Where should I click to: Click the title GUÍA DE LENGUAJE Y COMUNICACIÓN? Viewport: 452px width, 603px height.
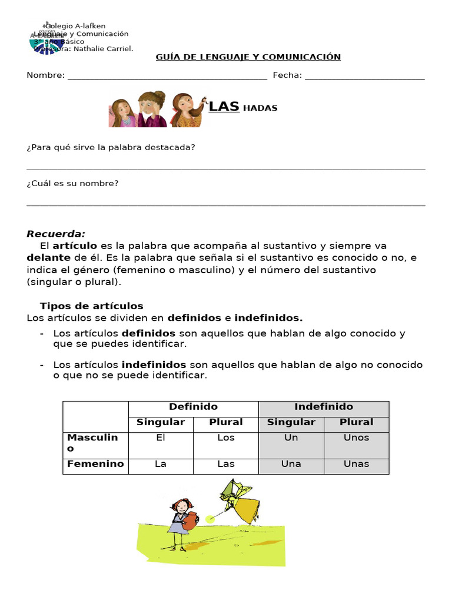click(x=248, y=57)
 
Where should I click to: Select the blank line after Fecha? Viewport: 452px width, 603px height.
click(x=365, y=77)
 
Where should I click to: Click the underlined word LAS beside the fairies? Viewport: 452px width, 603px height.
click(x=224, y=107)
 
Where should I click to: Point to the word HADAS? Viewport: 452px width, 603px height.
click(x=260, y=108)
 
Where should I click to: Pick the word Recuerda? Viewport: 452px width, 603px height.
click(x=56, y=234)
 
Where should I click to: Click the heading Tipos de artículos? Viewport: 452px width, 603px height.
click(x=91, y=306)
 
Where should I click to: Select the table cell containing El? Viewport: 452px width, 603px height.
click(x=161, y=438)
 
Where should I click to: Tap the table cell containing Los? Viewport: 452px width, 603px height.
click(x=225, y=438)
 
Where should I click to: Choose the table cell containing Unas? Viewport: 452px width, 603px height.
click(x=356, y=464)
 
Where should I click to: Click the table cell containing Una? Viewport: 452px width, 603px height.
click(x=291, y=464)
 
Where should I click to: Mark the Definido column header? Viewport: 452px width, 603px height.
click(x=193, y=407)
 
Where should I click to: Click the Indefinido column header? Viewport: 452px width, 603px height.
click(x=323, y=407)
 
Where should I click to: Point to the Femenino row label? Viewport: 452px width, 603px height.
click(x=95, y=464)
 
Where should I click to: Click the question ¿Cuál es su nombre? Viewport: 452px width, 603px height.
click(x=72, y=184)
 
